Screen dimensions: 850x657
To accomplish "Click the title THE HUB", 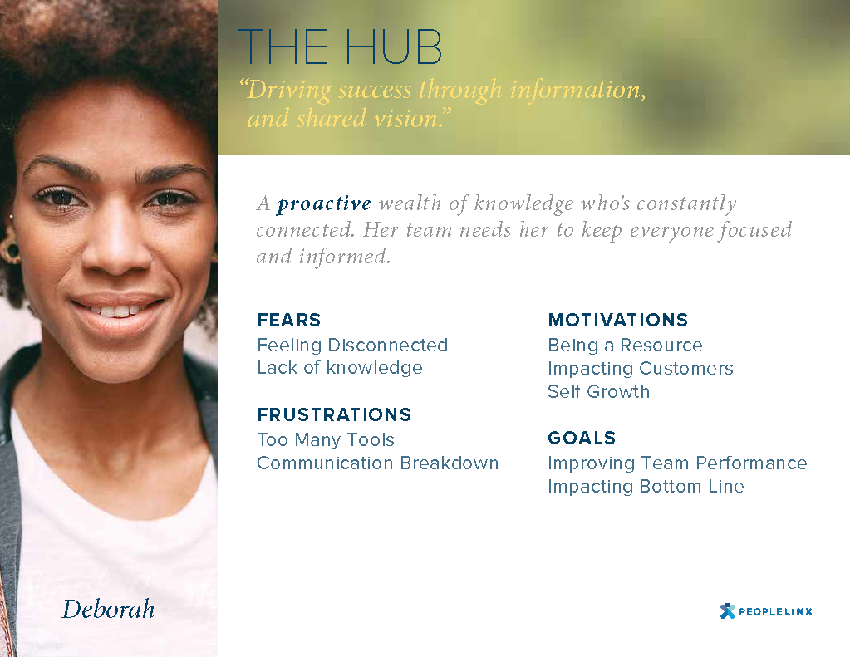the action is (x=340, y=47).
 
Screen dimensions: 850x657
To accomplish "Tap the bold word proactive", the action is (x=324, y=204).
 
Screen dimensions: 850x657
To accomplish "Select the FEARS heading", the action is (x=289, y=320).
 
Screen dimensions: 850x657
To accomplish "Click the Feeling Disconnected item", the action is (x=352, y=346).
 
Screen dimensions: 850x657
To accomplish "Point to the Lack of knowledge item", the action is (x=340, y=367).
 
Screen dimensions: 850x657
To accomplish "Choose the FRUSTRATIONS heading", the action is (x=335, y=414).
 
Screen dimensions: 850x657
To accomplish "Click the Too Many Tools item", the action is (x=326, y=439).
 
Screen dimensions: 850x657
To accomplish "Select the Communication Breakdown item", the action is (x=378, y=463).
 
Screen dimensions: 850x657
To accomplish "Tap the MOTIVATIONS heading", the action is (x=618, y=320).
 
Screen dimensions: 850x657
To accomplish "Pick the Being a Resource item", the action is (x=625, y=346).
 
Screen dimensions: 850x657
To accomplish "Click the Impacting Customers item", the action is (x=641, y=369).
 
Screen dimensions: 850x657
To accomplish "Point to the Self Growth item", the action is (x=598, y=391).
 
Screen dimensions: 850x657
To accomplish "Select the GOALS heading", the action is (x=582, y=438).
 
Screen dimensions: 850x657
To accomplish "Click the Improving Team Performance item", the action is (x=677, y=463).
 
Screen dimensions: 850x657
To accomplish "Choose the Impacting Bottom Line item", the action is (x=646, y=487).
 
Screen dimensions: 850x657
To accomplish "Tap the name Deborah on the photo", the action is (x=108, y=610).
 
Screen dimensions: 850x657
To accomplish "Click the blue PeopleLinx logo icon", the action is (x=727, y=611).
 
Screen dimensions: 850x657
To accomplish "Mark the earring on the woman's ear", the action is (x=12, y=251).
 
